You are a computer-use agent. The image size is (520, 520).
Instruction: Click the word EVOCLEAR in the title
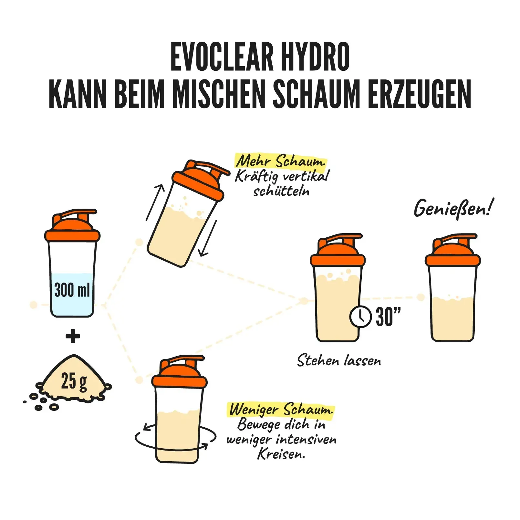tap(222, 57)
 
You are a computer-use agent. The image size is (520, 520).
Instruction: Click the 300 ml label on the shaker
tap(72, 290)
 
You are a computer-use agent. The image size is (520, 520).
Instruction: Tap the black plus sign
tap(73, 336)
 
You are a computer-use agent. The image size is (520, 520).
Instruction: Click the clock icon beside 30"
tap(360, 317)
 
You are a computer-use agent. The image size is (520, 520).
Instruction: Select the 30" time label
tap(388, 317)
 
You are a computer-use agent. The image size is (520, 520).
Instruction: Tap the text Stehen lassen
tap(339, 360)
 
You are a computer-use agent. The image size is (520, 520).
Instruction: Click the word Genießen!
tap(454, 209)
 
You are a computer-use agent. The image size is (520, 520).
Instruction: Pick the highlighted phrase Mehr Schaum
tap(280, 161)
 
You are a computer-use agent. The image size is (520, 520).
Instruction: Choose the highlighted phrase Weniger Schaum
tap(281, 410)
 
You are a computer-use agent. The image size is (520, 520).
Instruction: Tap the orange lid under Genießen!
tap(453, 250)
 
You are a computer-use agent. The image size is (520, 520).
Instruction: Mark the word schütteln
tap(281, 191)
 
